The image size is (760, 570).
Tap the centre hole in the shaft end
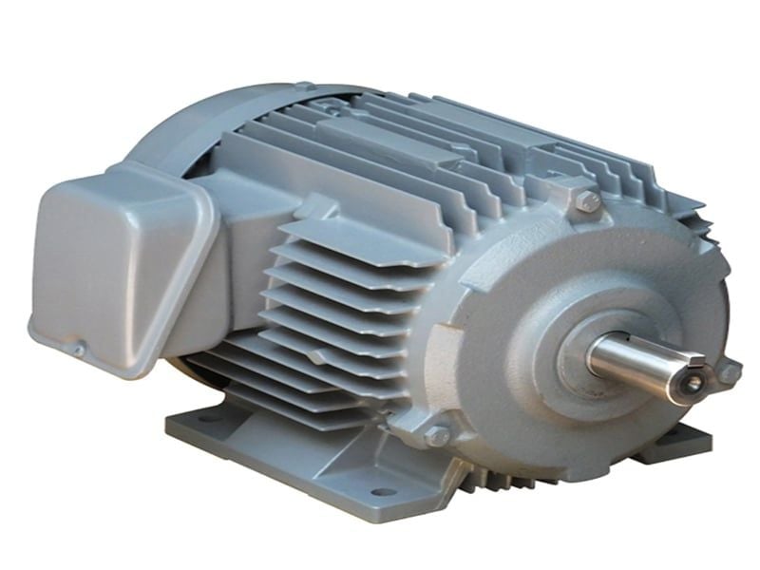[692, 382]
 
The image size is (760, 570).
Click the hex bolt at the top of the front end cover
[588, 201]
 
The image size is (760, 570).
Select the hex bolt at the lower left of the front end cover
[438, 436]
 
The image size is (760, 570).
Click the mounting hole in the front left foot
[382, 491]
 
